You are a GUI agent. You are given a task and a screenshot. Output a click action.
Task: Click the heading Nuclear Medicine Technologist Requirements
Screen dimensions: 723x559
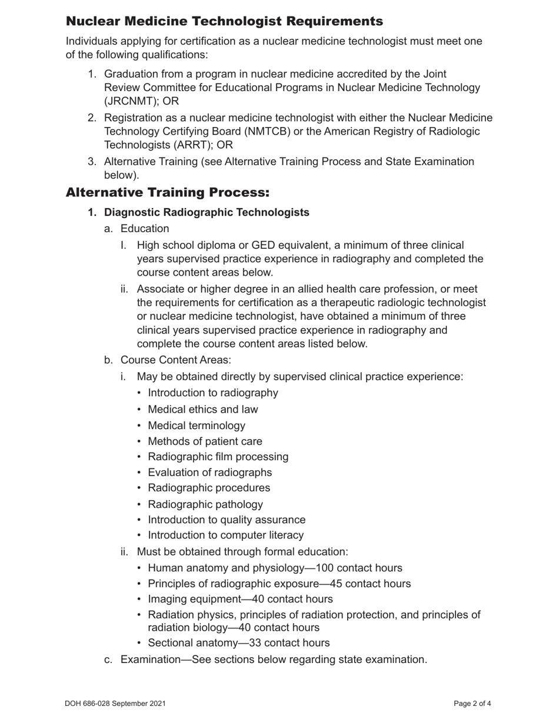point(224,22)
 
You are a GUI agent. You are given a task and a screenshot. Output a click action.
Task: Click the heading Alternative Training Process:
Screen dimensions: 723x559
point(168,193)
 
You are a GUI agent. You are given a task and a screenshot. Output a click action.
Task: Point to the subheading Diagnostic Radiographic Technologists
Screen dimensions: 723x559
point(207,212)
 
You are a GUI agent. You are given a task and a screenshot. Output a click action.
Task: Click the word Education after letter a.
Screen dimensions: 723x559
point(145,229)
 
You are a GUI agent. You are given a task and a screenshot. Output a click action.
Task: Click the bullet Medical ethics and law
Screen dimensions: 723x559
point(203,409)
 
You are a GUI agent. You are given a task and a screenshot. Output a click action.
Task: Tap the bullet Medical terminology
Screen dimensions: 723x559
point(197,426)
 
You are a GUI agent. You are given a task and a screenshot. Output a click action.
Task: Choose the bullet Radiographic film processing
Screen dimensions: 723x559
point(218,457)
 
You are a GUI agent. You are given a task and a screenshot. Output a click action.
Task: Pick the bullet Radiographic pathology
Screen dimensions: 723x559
point(205,504)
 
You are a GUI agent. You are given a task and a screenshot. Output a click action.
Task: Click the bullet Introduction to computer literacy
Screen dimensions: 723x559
point(226,535)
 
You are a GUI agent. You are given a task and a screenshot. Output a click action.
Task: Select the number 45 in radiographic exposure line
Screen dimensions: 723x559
point(354,584)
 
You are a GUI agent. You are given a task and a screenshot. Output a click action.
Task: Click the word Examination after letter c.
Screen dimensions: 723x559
point(151,660)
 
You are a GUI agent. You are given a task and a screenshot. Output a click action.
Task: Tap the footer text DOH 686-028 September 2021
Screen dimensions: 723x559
point(115,704)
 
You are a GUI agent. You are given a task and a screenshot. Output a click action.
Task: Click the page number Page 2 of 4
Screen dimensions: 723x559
point(473,704)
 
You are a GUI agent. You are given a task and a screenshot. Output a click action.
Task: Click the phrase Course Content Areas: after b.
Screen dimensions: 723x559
point(176,360)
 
